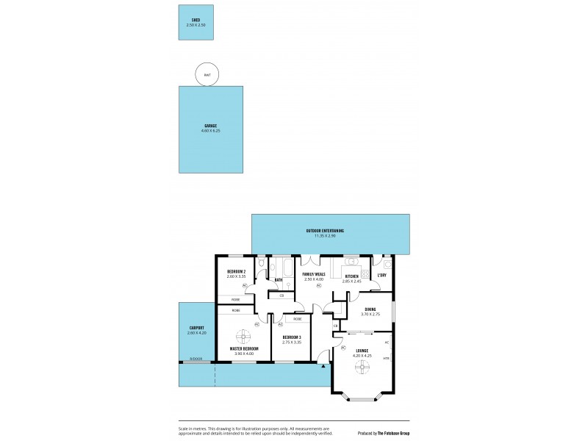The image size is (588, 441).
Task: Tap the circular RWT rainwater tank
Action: tap(207, 74)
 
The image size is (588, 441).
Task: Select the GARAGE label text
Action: tap(211, 126)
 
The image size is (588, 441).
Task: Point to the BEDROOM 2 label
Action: tap(236, 272)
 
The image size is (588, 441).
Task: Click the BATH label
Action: tap(279, 280)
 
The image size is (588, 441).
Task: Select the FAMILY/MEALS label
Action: tap(314, 274)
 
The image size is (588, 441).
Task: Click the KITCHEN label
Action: tap(352, 276)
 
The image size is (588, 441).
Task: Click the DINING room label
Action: tap(370, 309)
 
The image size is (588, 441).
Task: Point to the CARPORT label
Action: tap(196, 328)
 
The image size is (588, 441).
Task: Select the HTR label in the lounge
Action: tap(386, 358)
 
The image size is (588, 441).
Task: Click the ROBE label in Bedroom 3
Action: tap(297, 319)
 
